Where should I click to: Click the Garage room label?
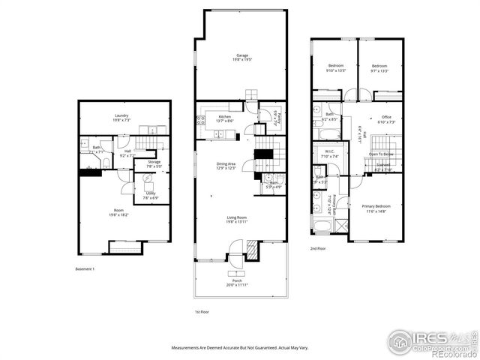click(x=241, y=55)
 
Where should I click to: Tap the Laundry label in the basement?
click(x=121, y=115)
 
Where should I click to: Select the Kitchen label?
click(x=224, y=117)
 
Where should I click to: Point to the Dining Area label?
click(x=226, y=163)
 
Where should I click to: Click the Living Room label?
click(x=240, y=218)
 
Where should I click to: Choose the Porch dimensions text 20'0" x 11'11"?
click(x=240, y=285)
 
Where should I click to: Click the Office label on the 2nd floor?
click(x=387, y=117)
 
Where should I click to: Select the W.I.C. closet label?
click(x=330, y=151)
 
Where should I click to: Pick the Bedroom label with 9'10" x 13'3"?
click(x=335, y=66)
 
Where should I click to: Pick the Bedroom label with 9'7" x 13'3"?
click(x=379, y=66)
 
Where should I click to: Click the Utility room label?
click(x=151, y=193)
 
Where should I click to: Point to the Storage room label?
click(x=154, y=161)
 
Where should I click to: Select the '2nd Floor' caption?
click(x=318, y=247)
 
